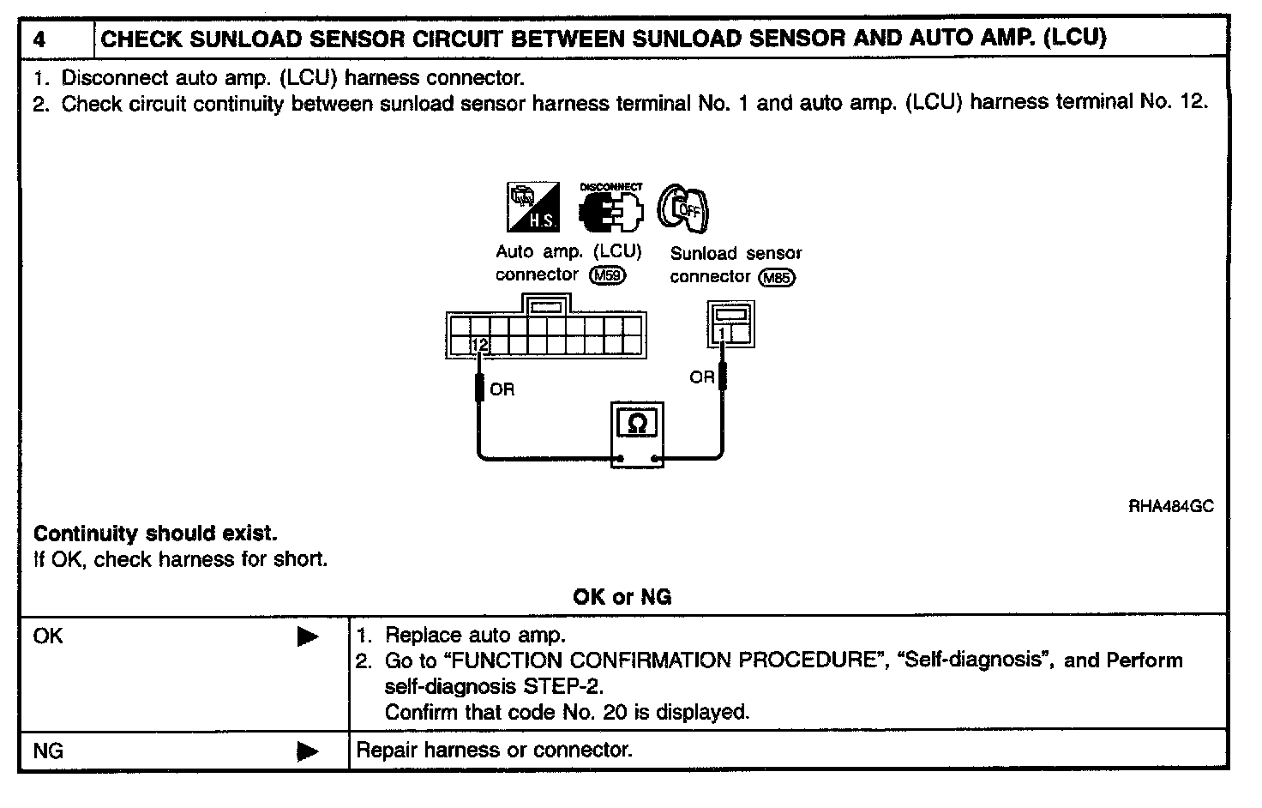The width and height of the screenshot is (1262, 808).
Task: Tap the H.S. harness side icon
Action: [532, 207]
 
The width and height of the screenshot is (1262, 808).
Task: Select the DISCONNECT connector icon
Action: [610, 207]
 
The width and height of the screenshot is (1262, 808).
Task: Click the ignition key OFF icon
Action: [684, 208]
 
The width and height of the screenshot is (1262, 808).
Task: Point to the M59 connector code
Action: [608, 275]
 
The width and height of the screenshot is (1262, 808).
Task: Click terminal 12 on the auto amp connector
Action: [479, 345]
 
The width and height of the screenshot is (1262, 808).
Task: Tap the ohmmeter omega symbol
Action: [637, 423]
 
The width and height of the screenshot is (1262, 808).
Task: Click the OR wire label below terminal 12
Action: [502, 390]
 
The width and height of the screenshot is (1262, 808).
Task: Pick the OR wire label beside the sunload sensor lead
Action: [701, 377]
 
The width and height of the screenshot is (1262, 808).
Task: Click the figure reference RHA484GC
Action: [1170, 507]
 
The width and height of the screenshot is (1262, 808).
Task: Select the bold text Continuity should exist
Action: [155, 534]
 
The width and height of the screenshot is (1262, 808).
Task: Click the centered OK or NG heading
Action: [622, 597]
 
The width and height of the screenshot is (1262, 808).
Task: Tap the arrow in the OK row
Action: [307, 637]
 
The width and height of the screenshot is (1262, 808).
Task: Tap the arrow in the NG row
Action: [307, 752]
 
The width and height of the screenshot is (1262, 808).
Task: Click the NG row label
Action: [48, 751]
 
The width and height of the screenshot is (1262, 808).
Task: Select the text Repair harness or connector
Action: [494, 751]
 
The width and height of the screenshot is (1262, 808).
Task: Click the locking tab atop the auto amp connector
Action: [546, 305]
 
